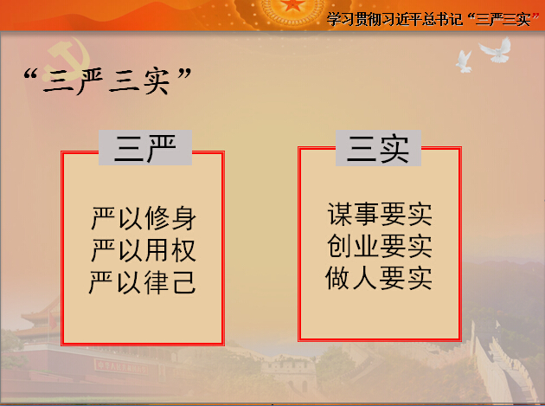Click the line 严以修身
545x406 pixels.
[x=144, y=218]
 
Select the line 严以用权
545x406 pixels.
[x=144, y=250]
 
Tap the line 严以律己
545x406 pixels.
[x=143, y=282]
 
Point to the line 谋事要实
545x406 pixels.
[x=380, y=214]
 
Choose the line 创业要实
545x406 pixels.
[x=380, y=246]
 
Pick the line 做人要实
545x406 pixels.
[x=379, y=278]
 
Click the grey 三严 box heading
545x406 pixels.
[x=145, y=147]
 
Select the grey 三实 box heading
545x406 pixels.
[x=378, y=148]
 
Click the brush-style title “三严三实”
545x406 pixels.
[x=108, y=81]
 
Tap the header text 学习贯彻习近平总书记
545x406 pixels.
[x=394, y=19]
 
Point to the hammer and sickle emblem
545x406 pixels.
[x=68, y=55]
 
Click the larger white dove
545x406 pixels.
[x=495, y=49]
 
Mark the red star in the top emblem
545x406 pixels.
[x=292, y=4]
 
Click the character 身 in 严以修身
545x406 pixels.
[x=184, y=218]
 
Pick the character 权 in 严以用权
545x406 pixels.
[x=184, y=250]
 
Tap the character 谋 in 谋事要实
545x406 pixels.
[x=340, y=214]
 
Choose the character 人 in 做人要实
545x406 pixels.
[x=365, y=278]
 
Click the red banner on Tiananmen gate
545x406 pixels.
[x=121, y=367]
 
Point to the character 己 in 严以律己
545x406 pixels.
[x=184, y=282]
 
